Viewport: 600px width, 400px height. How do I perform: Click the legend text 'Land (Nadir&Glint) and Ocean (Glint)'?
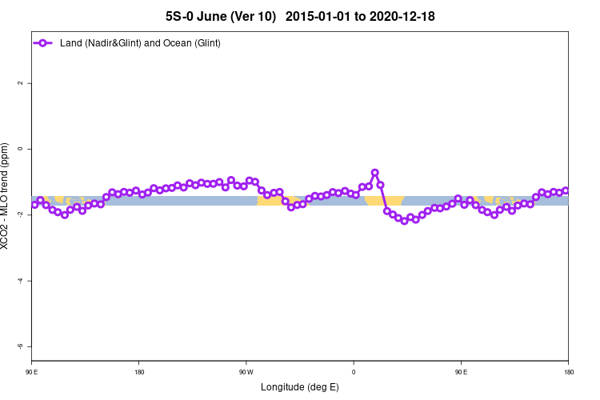[x=140, y=42]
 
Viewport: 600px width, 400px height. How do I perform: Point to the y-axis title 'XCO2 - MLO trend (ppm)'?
[x=7, y=196]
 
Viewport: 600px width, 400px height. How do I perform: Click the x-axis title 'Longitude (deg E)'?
[x=300, y=387]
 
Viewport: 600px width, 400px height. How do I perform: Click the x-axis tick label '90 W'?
[x=246, y=372]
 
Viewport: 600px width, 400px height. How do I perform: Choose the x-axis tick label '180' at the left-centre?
[x=139, y=372]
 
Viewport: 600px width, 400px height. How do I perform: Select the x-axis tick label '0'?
[x=354, y=372]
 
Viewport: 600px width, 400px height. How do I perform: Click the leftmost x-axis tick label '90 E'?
[x=32, y=372]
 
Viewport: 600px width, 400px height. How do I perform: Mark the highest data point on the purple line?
[x=374, y=173]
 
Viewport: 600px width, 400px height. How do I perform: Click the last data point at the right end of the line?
[x=566, y=190]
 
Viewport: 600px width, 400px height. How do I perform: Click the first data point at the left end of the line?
[x=34, y=205]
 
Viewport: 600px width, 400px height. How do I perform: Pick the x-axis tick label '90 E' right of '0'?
[x=461, y=372]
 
